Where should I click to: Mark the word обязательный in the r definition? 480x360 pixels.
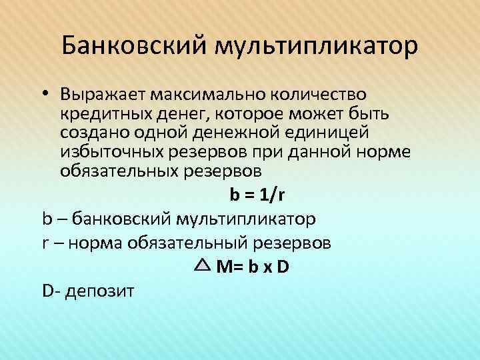tap(190, 243)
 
